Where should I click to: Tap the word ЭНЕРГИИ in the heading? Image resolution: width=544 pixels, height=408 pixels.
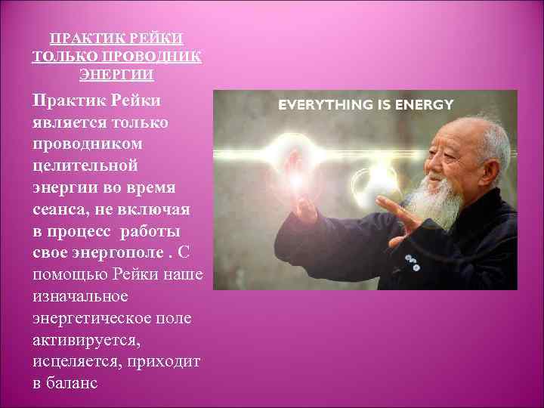(117, 75)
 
